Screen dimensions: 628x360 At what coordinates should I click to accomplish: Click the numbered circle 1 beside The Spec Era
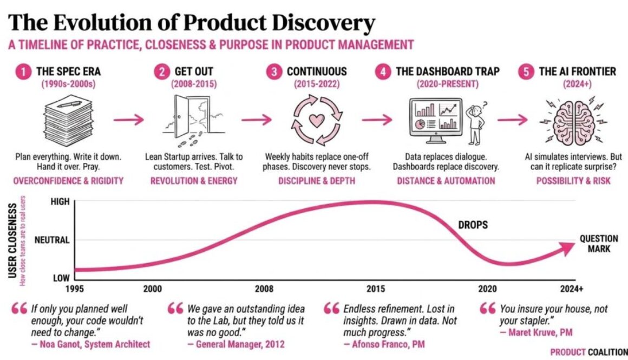[x=23, y=71]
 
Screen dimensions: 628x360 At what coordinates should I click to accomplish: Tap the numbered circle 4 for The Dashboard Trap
[x=383, y=71]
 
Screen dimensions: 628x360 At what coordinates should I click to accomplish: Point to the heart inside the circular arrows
[x=317, y=120]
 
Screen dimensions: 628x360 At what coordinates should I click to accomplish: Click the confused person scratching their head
[x=476, y=123]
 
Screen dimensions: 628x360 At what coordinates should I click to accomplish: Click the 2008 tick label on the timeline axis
[x=264, y=289]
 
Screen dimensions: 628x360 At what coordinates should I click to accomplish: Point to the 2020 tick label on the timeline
[x=487, y=289]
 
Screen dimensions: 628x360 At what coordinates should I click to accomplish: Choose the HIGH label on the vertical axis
[x=60, y=201]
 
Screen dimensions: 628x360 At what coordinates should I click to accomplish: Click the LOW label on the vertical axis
[x=61, y=278]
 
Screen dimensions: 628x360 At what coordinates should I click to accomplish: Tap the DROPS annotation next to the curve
[x=473, y=225]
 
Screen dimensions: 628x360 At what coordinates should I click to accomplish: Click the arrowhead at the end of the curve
[x=569, y=248]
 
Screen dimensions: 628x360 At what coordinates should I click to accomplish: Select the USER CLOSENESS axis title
[x=12, y=240]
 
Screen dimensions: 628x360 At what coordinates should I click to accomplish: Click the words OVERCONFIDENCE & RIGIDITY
[x=68, y=181]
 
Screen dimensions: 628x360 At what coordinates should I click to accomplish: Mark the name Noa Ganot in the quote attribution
[x=63, y=344]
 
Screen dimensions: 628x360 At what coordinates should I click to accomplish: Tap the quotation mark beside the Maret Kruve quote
[x=487, y=309]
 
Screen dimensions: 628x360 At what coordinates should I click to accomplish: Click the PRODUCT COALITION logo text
[x=589, y=352]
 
